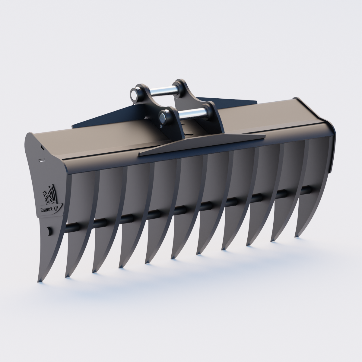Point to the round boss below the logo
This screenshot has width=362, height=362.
pyautogui.click(x=49, y=231)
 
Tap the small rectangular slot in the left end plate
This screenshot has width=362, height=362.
pyautogui.click(x=42, y=160)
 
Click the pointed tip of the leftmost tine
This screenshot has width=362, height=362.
pyautogui.click(x=39, y=282)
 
